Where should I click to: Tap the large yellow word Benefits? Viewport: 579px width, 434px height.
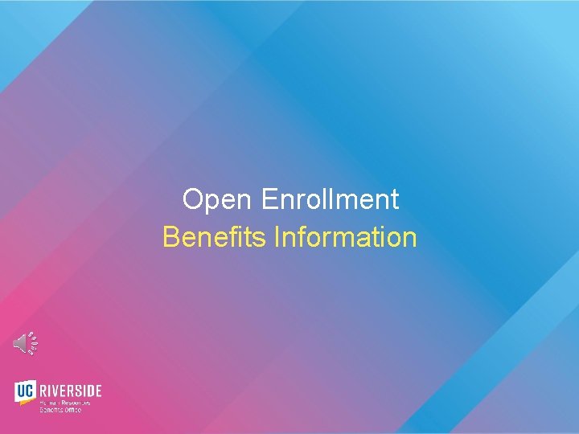click(x=215, y=237)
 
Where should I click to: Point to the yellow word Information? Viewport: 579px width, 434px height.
click(x=346, y=237)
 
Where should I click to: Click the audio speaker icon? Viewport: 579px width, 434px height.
click(x=25, y=343)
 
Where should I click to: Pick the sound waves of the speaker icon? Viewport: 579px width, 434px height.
click(x=32, y=343)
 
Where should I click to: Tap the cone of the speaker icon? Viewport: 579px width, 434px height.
click(x=19, y=343)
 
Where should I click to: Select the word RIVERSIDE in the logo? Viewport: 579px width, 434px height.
click(x=72, y=391)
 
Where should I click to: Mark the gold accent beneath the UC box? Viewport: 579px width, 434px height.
click(x=27, y=402)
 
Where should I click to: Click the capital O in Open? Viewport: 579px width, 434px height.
click(x=191, y=199)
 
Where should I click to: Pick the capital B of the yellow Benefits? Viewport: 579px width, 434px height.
click(x=170, y=237)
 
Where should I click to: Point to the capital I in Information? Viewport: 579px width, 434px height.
click(x=277, y=237)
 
